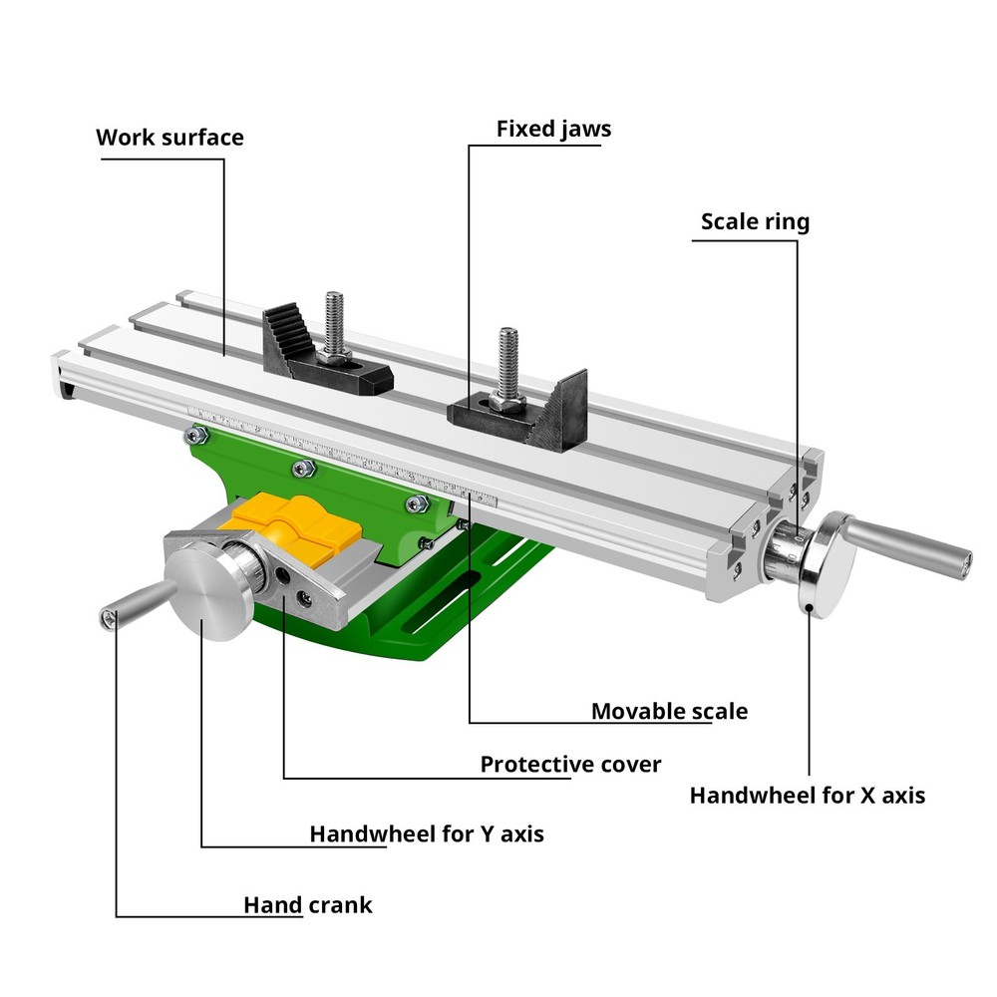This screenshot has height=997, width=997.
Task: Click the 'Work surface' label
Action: click(169, 138)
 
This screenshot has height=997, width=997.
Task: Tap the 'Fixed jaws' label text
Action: click(553, 130)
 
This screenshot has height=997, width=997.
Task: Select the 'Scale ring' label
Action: click(755, 221)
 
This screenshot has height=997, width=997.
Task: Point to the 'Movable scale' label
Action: click(669, 711)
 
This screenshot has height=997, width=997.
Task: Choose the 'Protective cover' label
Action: click(570, 765)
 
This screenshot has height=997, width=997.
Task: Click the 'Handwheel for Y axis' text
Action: click(427, 833)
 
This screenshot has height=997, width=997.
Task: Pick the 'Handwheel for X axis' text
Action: click(807, 796)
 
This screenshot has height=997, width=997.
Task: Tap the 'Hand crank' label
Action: click(308, 905)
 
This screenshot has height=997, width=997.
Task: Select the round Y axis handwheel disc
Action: click(207, 594)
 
